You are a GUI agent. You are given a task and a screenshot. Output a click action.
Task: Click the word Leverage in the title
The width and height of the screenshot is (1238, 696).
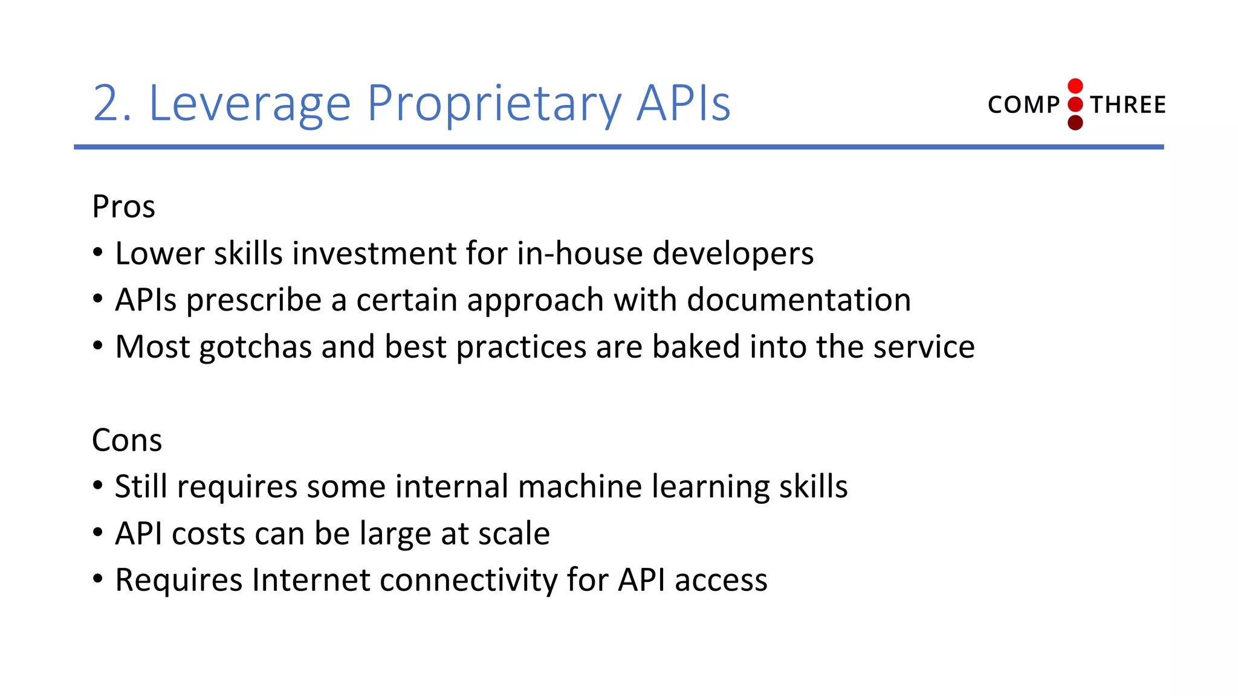pos(249,104)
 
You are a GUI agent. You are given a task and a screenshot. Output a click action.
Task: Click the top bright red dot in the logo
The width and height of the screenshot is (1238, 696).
pos(1075,86)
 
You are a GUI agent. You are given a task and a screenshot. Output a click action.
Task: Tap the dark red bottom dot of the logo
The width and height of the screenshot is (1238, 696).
pos(1075,123)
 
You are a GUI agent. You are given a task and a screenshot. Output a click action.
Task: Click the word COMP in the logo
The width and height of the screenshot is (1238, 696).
pos(1023,105)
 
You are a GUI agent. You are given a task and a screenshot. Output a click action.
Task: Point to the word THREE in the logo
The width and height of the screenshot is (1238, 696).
pos(1128,105)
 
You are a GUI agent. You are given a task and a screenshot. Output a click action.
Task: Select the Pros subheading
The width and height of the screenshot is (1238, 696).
pos(123,207)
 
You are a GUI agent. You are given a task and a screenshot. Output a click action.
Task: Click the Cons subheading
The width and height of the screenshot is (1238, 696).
pos(127,440)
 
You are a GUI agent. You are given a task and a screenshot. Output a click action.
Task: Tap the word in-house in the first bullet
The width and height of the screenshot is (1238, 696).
pos(579,253)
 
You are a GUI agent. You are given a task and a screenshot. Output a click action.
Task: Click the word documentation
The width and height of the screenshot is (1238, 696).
pos(798,300)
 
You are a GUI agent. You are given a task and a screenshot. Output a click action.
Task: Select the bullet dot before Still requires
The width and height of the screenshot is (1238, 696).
pos(98,486)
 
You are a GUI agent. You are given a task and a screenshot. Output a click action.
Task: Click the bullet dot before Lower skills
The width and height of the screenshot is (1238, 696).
pos(98,253)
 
